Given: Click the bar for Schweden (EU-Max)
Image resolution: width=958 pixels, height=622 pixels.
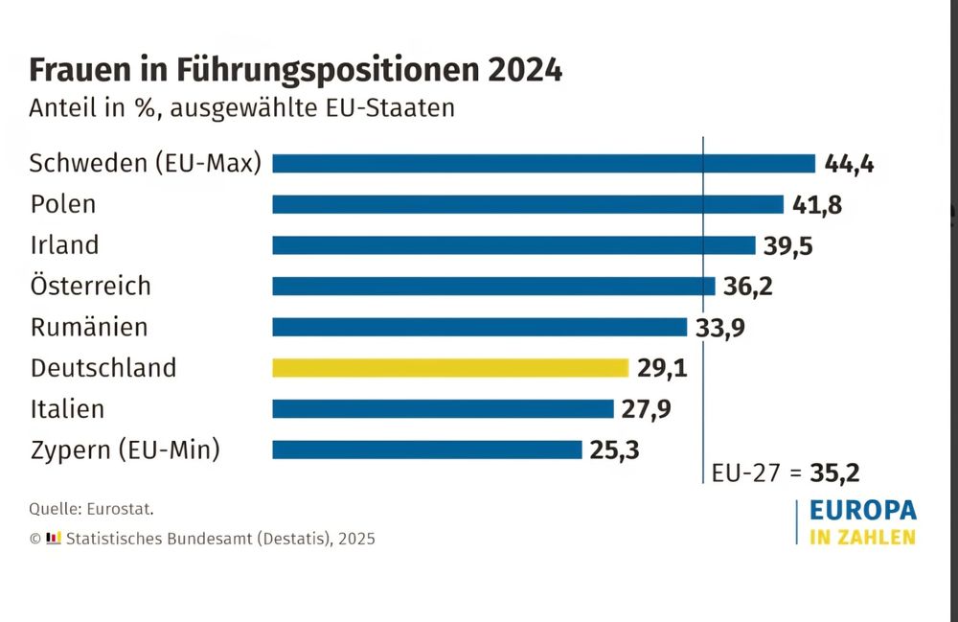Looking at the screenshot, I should click(543, 163).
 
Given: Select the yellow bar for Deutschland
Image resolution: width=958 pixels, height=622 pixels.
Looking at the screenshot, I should click(450, 368).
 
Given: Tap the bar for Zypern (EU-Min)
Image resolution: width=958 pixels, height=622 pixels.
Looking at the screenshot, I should click(427, 449).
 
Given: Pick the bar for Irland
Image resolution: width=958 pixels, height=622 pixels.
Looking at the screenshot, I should click(514, 245).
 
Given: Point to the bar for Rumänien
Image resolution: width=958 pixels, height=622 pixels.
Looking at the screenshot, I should click(479, 327).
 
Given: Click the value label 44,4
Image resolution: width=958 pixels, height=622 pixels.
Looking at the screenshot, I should click(850, 164).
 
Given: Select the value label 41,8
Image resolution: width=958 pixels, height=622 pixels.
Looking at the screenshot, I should click(817, 205).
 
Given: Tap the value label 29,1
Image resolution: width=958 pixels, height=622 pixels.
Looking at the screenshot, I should click(662, 368).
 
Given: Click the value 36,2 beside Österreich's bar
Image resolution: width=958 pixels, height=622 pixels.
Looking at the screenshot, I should click(746, 287).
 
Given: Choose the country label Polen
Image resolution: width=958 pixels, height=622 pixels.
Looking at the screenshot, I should click(63, 204).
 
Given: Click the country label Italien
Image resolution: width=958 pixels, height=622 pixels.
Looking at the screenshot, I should click(67, 409).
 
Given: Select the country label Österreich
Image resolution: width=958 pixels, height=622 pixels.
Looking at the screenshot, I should click(90, 286).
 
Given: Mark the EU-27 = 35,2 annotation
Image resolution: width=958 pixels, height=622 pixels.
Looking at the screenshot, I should click(785, 472).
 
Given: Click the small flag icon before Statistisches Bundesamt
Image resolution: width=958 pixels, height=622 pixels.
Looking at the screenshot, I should click(55, 538).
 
